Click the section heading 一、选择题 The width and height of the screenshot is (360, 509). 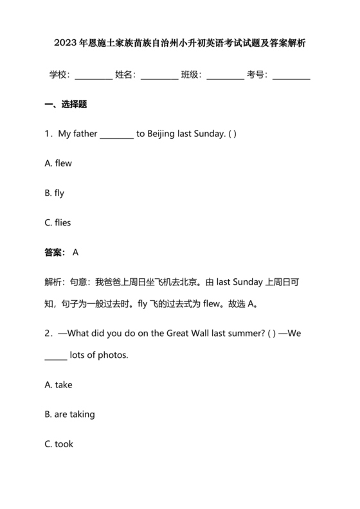click(x=66, y=104)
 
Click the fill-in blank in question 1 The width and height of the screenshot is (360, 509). click(x=116, y=135)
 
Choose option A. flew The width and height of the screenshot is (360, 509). click(x=58, y=163)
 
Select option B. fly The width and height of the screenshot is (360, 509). click(x=55, y=193)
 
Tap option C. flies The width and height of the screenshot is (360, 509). click(x=58, y=222)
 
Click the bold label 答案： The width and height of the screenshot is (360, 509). click(x=55, y=253)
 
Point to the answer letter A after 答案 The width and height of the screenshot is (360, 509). click(x=76, y=253)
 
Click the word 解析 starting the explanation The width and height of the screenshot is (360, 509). click(x=54, y=281)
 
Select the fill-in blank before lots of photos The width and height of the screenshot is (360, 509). click(x=55, y=356)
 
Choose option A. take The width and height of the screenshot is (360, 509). click(x=59, y=385)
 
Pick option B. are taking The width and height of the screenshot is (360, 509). click(x=70, y=415)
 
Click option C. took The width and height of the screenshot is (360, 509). click(x=59, y=444)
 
